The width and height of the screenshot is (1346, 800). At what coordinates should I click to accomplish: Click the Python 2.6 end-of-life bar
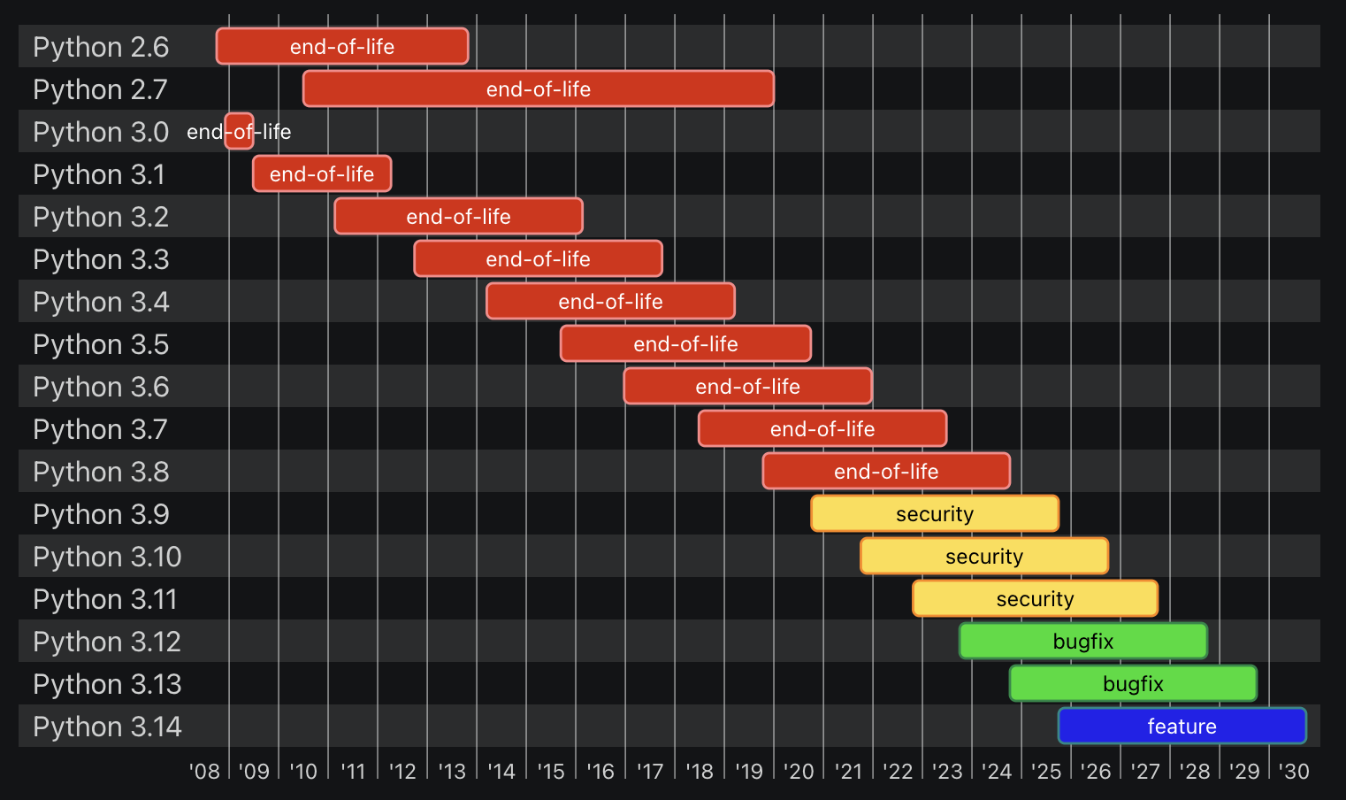342,46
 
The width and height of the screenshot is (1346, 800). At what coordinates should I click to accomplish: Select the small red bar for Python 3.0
239,131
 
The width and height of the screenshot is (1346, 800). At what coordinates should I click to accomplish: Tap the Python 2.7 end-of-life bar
538,88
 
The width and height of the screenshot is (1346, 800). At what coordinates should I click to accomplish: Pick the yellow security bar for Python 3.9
935,513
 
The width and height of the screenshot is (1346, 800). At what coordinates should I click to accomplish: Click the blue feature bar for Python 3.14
1182,726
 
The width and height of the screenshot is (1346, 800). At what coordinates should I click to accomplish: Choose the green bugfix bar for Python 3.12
1083,641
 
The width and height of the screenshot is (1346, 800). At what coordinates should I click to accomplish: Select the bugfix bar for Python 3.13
1133,683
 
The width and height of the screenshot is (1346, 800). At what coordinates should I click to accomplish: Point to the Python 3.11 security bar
1035,598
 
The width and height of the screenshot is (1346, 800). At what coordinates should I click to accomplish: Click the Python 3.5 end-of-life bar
685,343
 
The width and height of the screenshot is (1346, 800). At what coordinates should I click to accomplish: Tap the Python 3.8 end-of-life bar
886,471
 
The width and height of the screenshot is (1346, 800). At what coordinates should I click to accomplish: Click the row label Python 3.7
100,429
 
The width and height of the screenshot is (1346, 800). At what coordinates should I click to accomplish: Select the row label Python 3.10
107,557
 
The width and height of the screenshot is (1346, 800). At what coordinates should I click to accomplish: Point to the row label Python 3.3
101,259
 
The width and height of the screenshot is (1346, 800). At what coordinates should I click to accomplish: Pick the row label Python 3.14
107,727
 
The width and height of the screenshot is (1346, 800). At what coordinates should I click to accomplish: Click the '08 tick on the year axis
205,772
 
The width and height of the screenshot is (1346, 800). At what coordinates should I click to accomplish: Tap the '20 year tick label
799,772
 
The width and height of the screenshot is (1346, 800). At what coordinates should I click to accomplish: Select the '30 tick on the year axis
1294,772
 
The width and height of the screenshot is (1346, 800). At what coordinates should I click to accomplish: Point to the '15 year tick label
551,772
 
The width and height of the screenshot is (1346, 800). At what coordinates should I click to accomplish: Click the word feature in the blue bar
1182,727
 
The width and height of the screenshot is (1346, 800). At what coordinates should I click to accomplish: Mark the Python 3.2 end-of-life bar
458,216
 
